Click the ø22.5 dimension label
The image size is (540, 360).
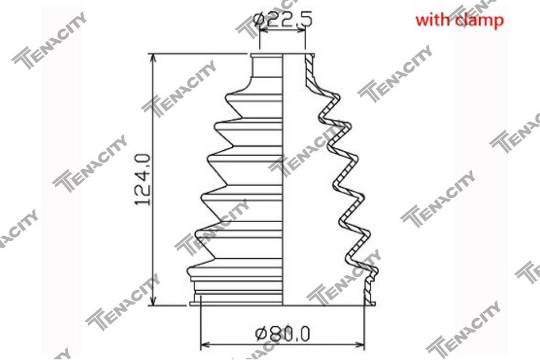coord(283,20)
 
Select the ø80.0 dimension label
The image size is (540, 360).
coord(283,334)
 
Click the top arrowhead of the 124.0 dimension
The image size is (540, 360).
coord(154,58)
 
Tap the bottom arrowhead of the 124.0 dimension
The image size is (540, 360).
coord(154,300)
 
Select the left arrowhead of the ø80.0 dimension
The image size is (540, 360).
coord(205,344)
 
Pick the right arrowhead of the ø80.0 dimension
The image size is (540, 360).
coord(359,344)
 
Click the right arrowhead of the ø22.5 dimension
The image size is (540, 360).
coord(301,30)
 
